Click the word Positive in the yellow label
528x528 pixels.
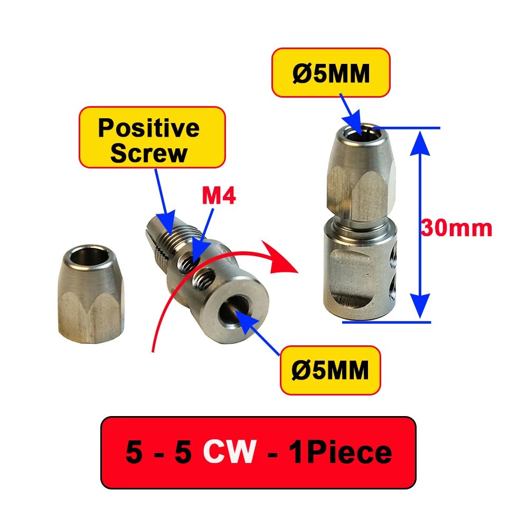coord(149,128)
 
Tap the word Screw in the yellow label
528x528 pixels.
coord(149,154)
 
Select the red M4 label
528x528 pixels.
coord(219,196)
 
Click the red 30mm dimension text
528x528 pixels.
coord(457,228)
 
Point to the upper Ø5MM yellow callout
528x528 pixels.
coord(331,73)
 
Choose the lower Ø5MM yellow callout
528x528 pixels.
coord(331,370)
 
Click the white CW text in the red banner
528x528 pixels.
coord(230,452)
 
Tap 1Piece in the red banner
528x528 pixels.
coord(341,452)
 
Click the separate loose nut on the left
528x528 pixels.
coord(91,294)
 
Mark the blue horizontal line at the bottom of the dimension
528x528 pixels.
coord(386,322)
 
